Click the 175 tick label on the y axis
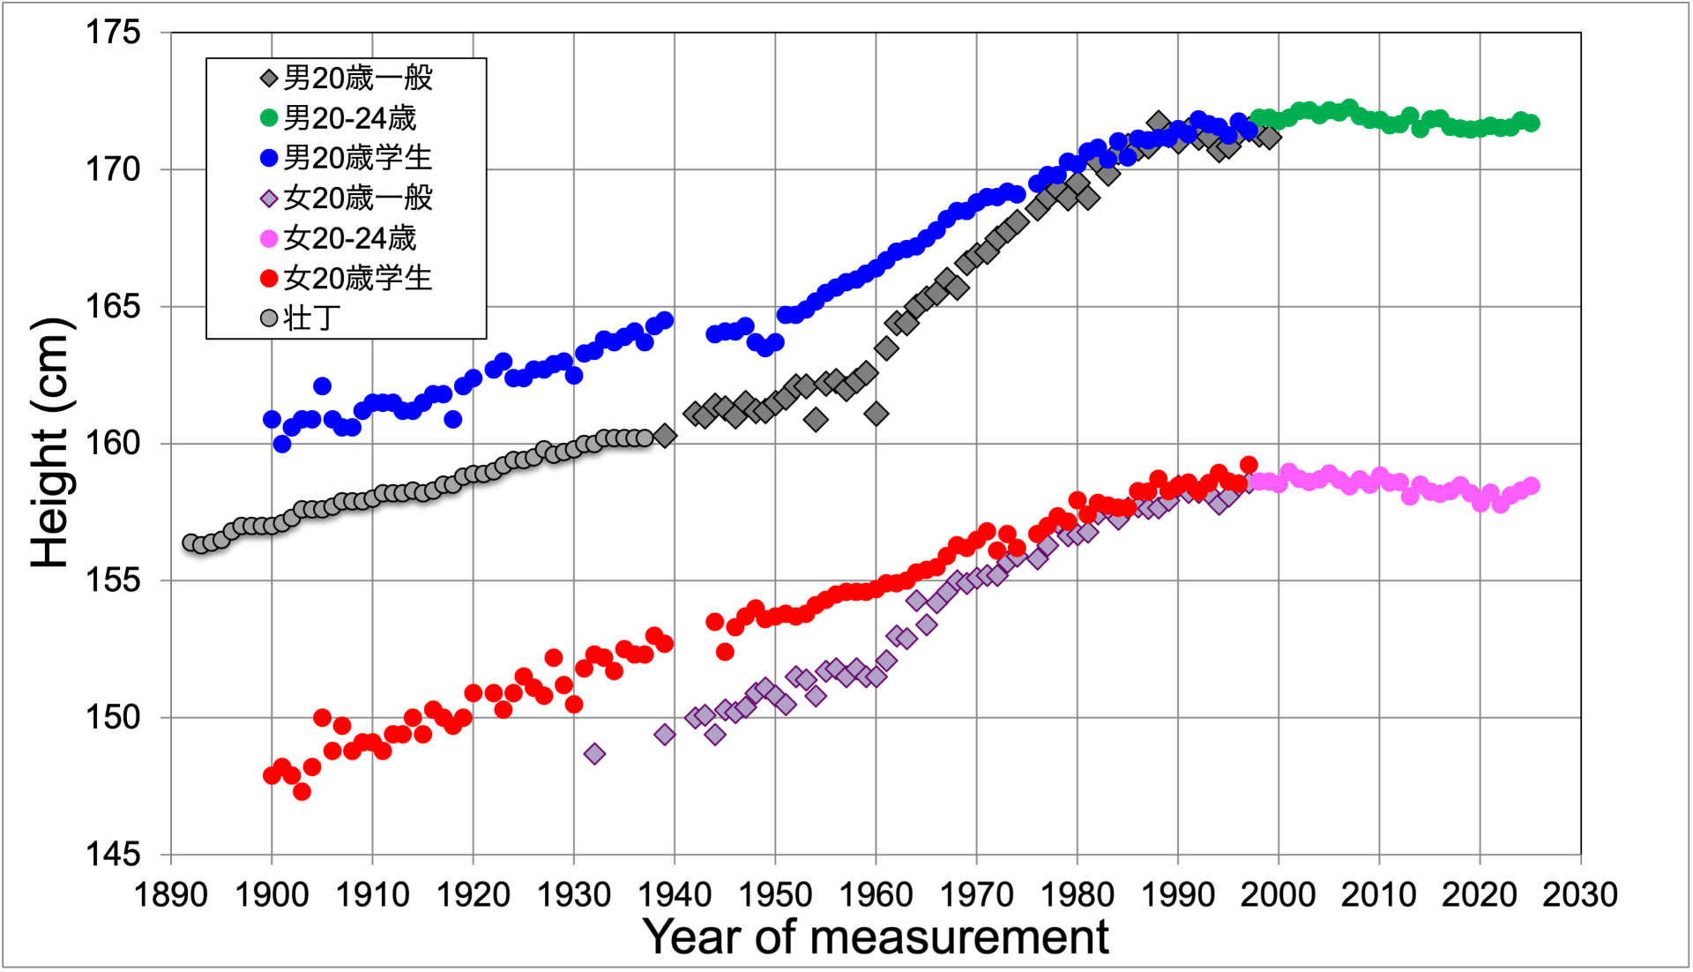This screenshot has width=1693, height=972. point(113,34)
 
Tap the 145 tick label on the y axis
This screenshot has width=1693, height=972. point(113,854)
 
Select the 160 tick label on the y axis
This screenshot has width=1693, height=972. point(113,444)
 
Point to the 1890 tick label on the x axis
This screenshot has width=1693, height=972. point(171,895)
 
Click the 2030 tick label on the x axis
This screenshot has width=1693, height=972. point(1579,895)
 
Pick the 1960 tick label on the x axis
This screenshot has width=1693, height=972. point(876,895)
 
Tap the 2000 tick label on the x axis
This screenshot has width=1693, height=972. point(1278,895)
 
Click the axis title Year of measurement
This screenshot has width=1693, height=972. point(876,937)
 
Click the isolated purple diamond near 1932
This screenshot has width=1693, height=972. point(594,754)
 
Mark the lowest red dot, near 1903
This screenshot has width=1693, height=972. point(302,791)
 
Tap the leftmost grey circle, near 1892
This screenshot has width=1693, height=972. point(191,542)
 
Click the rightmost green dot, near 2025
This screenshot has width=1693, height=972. point(1531,123)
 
